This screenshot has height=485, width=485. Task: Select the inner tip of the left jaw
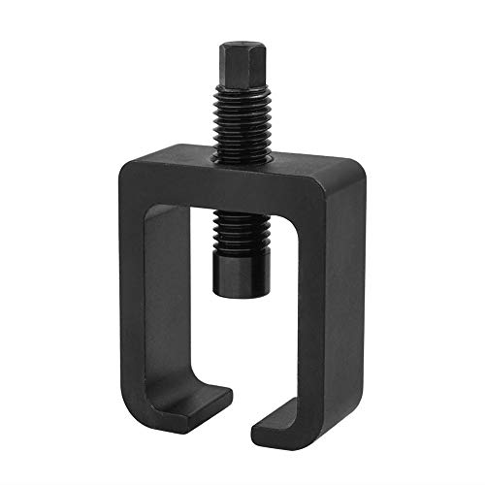(x=227, y=396)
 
